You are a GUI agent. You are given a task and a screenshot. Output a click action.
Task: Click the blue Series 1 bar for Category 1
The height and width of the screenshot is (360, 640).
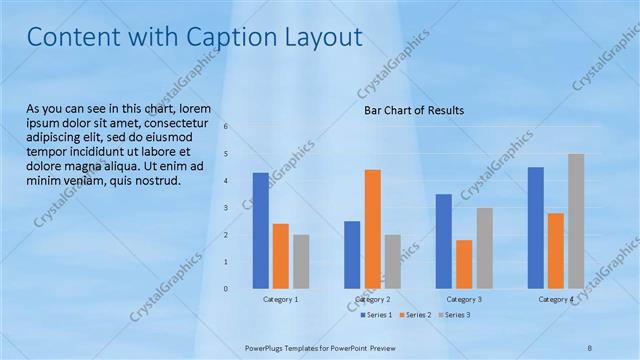click(260, 230)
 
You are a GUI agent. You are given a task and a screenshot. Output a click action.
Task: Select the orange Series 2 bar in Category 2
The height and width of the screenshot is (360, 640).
click(372, 228)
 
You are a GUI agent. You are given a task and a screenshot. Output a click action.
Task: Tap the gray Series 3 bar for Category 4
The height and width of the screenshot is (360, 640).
click(575, 220)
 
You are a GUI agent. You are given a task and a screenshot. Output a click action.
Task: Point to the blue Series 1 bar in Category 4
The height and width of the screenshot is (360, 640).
click(536, 227)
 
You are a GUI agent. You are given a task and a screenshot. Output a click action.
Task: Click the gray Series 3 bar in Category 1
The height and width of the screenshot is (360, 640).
click(301, 261)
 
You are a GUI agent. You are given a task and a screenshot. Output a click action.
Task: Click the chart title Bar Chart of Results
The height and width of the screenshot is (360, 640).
click(414, 111)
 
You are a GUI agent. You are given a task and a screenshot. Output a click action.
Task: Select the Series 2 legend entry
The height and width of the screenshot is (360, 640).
click(417, 315)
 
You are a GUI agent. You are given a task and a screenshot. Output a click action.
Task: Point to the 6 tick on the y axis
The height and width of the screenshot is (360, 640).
click(227, 127)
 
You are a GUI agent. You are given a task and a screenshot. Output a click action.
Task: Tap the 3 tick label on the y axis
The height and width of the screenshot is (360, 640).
click(227, 208)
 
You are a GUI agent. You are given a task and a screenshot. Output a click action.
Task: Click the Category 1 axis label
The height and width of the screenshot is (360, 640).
click(280, 299)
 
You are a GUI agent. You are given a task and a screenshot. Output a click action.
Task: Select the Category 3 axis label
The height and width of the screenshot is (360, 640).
click(464, 299)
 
